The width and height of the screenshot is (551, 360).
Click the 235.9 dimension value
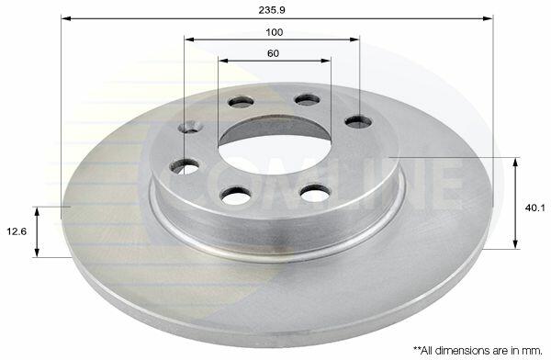pyautogui.click(x=272, y=10)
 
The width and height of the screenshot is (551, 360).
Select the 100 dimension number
pyautogui.click(x=274, y=32)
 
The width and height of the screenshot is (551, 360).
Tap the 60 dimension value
pyautogui.click(x=273, y=53)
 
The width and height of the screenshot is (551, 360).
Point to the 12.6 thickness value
pyautogui.click(x=17, y=231)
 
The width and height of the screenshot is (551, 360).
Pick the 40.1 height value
pyautogui.click(x=535, y=208)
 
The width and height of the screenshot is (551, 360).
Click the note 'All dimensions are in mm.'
pyautogui.click(x=478, y=350)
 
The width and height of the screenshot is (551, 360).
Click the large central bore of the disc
pyautogui.click(x=275, y=152)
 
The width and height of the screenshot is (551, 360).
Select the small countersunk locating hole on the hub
pyautogui.click(x=190, y=127)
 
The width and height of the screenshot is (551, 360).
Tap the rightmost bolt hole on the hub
pyautogui.click(x=358, y=122)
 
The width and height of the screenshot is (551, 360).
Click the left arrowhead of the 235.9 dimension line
pyautogui.click(x=66, y=18)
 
